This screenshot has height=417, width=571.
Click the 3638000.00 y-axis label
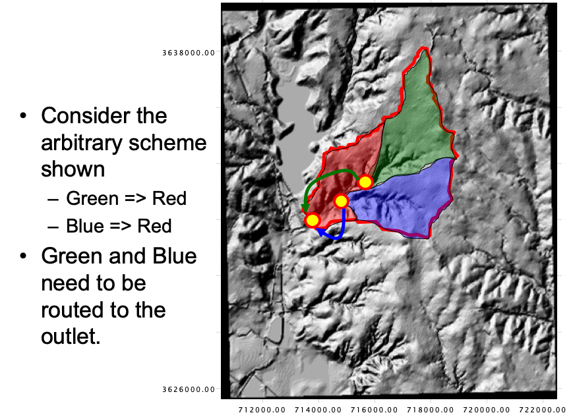click(189, 53)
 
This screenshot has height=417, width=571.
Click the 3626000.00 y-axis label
click(189, 390)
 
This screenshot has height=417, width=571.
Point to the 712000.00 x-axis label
click(262, 410)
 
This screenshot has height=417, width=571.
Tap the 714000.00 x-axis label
click(318, 410)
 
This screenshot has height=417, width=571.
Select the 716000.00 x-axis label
click(374, 410)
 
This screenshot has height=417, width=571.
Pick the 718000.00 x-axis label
click(430, 410)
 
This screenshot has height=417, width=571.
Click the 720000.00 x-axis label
click(486, 410)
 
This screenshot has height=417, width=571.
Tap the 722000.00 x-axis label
click(542, 410)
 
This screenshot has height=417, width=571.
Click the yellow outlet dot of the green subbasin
click(365, 182)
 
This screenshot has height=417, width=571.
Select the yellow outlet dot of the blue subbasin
click(342, 201)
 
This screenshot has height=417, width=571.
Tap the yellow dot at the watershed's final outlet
click(313, 220)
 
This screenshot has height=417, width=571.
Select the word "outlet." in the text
click(71, 335)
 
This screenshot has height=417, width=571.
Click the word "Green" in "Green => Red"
click(92, 198)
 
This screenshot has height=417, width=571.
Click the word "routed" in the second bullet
click(73, 310)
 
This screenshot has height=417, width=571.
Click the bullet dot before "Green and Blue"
click(23, 256)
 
